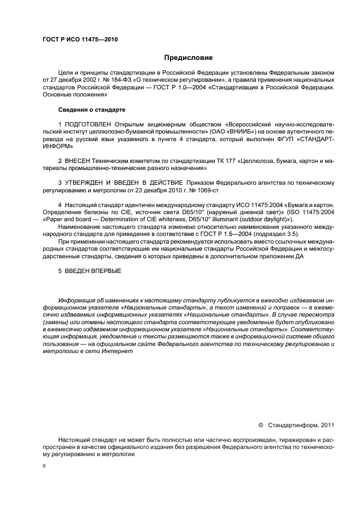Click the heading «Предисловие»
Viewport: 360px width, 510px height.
(188, 57)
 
